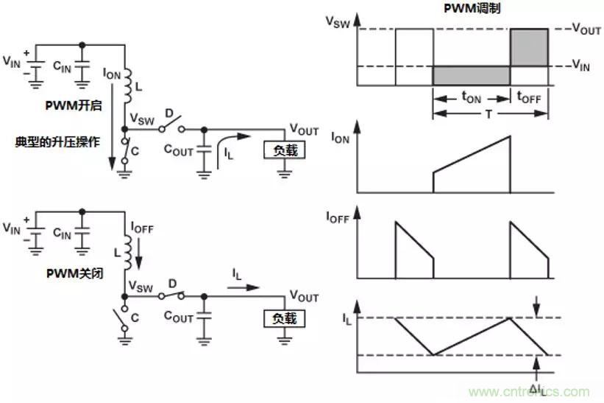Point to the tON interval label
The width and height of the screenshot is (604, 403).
[471, 97]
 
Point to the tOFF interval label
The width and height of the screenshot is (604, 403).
[530, 97]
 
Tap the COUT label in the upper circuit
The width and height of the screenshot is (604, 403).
[178, 151]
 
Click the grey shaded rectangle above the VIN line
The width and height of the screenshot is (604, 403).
[528, 48]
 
